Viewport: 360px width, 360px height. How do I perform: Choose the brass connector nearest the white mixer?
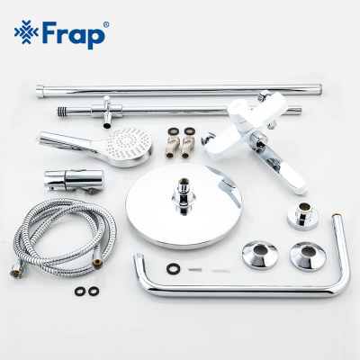(190, 144)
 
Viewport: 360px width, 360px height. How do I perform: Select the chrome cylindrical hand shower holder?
(63, 175)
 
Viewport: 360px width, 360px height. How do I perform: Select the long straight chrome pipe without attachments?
(180, 88)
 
